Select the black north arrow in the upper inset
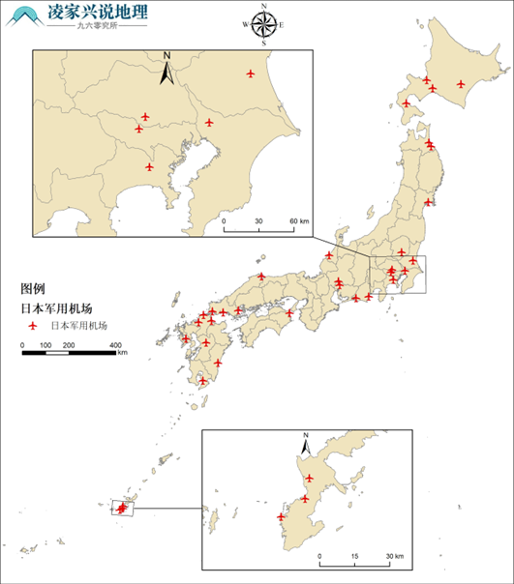tap(166, 68)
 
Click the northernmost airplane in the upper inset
tap(251, 73)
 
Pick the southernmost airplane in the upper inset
tap(149, 166)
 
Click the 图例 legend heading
tap(34, 288)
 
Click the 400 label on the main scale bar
tap(115, 344)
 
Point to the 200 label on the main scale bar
tap(69, 344)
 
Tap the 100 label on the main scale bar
tap(45, 344)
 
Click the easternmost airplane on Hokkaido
tap(461, 84)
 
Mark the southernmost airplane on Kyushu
tap(202, 380)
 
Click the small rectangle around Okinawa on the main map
tap(124, 507)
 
